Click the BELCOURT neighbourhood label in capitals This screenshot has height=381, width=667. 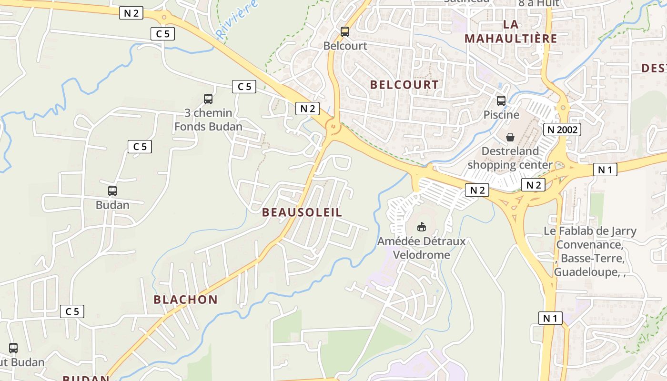(404, 85)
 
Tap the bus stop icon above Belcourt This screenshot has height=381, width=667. (345, 32)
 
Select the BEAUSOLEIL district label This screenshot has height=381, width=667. (302, 212)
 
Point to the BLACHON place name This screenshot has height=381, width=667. (185, 300)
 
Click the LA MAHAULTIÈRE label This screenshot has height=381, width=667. (511, 31)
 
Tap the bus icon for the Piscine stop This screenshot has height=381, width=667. (501, 100)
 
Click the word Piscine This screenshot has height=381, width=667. (501, 115)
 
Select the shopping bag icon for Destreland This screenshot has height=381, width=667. (510, 137)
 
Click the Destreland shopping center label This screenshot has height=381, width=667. (510, 158)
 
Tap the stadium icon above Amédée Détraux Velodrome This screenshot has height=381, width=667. (421, 227)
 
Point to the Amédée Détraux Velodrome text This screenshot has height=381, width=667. (421, 248)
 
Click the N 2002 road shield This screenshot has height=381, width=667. (563, 130)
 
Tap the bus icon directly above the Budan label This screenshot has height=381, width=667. (112, 190)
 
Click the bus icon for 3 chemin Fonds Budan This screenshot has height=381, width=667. (208, 99)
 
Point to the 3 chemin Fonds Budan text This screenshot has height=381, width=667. (208, 120)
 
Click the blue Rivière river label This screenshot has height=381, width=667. (237, 19)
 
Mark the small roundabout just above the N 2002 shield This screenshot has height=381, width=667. (563, 107)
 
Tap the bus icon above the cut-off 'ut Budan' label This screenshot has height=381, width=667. (13, 348)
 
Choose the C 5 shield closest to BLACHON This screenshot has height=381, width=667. (72, 311)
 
